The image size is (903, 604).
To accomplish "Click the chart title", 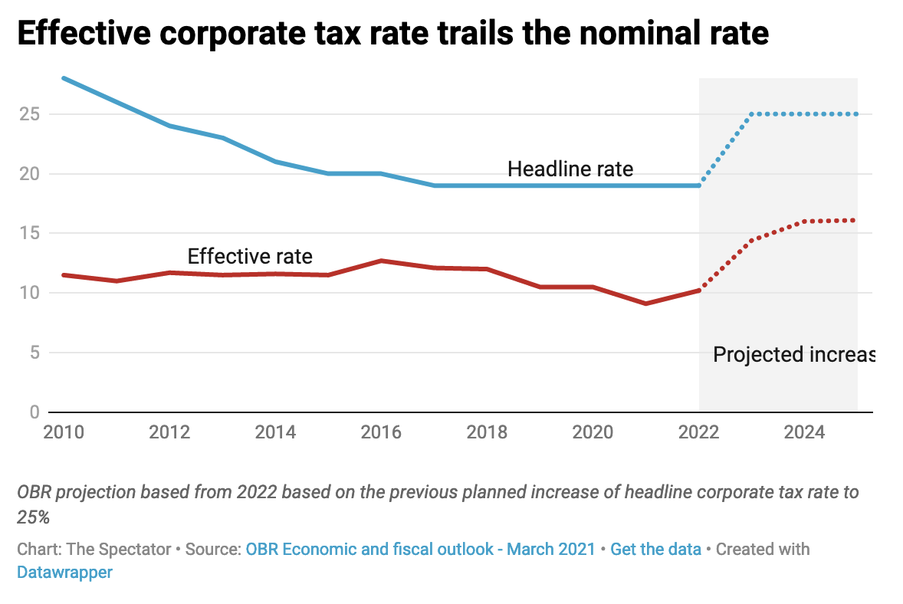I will [x=392, y=35].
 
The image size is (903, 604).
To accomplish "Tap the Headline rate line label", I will [x=570, y=169].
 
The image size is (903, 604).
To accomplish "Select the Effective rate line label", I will [x=250, y=256].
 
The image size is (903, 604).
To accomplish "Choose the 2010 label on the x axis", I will [x=64, y=432].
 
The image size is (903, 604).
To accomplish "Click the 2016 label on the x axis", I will [x=381, y=432].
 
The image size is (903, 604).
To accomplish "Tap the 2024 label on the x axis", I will [x=804, y=432].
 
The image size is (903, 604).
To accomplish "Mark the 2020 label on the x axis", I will [x=593, y=432].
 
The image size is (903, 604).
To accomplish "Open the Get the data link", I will [x=655, y=549].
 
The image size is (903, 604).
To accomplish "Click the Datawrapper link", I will [x=64, y=572].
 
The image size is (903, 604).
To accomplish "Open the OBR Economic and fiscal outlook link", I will [x=420, y=549].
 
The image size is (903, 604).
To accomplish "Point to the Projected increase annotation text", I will [x=793, y=355].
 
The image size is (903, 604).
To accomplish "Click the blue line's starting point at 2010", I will [x=64, y=78].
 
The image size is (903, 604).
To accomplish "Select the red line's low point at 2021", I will [x=646, y=304].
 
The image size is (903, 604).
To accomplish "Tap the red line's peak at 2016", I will [x=381, y=261].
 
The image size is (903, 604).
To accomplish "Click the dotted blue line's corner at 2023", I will [x=752, y=114].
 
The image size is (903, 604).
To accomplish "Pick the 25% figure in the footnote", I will [x=33, y=517].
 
